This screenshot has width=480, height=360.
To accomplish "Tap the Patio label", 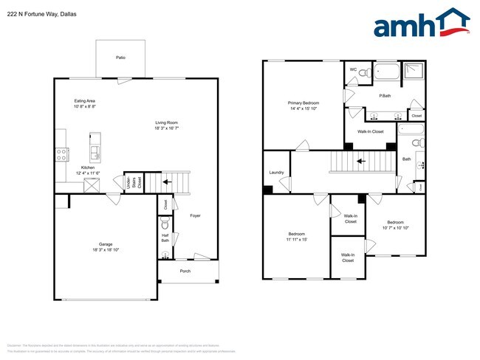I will click(120, 57).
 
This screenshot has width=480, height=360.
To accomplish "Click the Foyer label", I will click(195, 216).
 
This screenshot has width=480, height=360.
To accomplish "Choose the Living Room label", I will click(167, 122).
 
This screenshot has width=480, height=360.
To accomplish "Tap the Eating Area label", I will click(85, 101).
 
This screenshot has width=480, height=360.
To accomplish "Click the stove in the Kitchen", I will click(61, 155).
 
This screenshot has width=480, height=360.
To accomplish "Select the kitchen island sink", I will click(95, 153).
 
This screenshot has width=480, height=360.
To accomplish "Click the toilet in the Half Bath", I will click(165, 224).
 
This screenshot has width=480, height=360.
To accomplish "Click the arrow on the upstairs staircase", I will click(361, 159).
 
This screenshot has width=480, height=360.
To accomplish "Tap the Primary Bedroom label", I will click(304, 103).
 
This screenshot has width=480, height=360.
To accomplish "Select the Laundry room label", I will click(277, 173).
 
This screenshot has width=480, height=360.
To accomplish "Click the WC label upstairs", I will click(353, 70).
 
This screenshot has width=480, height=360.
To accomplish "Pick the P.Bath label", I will click(385, 96).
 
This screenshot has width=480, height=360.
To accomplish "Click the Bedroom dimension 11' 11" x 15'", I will click(296, 239).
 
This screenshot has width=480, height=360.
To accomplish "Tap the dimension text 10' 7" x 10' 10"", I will click(394, 228).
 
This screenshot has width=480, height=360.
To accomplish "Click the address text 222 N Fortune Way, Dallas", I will click(41, 14).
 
